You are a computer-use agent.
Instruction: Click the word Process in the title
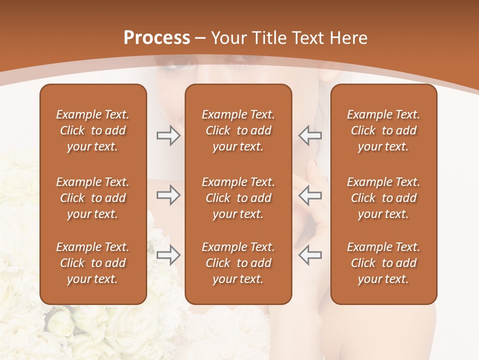tap(157, 38)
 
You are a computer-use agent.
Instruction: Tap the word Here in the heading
tap(348, 38)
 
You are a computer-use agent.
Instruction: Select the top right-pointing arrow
tap(168, 135)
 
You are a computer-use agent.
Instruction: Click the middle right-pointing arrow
tap(168, 195)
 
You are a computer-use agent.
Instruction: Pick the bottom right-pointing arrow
tap(168, 255)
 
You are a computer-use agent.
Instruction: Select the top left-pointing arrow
tap(310, 135)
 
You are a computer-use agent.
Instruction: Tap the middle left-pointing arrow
tap(310, 195)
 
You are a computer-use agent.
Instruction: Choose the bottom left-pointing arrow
tap(310, 255)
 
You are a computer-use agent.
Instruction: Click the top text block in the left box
tap(93, 130)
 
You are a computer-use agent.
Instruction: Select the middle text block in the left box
tap(93, 198)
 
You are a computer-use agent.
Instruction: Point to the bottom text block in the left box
tap(93, 263)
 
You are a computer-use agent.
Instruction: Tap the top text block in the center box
tap(238, 130)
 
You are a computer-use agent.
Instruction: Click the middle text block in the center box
tap(238, 198)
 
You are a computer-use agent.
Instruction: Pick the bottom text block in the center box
tap(238, 263)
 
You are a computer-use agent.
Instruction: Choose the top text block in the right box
tap(383, 130)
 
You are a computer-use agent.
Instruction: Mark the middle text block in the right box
tap(383, 198)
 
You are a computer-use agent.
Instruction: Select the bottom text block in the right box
tap(383, 263)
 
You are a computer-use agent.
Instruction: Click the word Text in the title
tap(308, 38)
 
